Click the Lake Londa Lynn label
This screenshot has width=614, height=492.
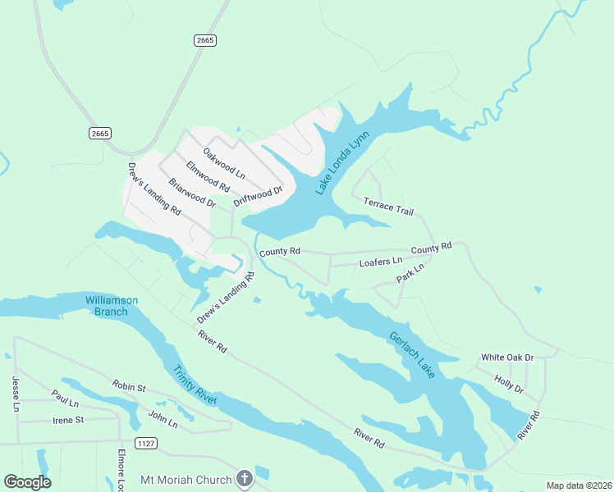click(338, 163)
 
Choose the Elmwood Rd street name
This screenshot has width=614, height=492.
click(208, 176)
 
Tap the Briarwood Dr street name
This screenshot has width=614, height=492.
click(191, 192)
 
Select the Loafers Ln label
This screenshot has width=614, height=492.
click(381, 262)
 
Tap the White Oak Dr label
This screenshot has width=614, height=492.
click(507, 358)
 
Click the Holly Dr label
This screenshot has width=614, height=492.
click(509, 383)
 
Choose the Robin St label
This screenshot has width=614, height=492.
click(128, 385)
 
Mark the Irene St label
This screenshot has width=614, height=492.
click(68, 420)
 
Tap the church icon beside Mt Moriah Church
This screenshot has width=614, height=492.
click(243, 478)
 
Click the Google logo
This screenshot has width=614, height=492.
click(27, 481)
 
